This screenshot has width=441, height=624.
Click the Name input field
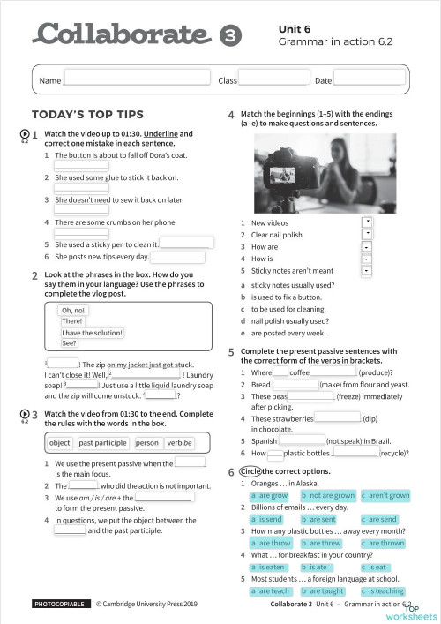[x=138, y=79]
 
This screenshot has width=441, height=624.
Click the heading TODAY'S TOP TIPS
[x=87, y=115]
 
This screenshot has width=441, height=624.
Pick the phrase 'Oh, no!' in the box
[x=72, y=311]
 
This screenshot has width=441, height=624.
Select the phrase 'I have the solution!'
[x=92, y=333]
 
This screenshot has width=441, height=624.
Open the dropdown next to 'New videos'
[x=366, y=221]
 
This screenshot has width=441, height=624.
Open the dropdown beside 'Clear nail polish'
[x=366, y=233]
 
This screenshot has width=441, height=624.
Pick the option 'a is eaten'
[x=268, y=568]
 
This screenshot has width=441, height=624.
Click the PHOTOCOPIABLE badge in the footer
[x=60, y=605]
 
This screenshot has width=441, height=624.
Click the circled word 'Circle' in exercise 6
[x=250, y=472]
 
